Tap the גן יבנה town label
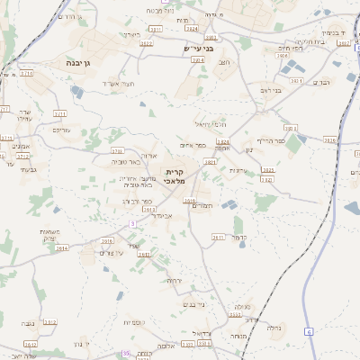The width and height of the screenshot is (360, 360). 77,63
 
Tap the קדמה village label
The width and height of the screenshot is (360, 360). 238,238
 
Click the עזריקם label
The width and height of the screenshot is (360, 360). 61,130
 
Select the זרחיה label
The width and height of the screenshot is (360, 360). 173,280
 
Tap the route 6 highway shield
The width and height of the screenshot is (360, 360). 308,331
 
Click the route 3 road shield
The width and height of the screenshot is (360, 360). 131,222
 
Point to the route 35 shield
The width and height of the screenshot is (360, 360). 126,354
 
